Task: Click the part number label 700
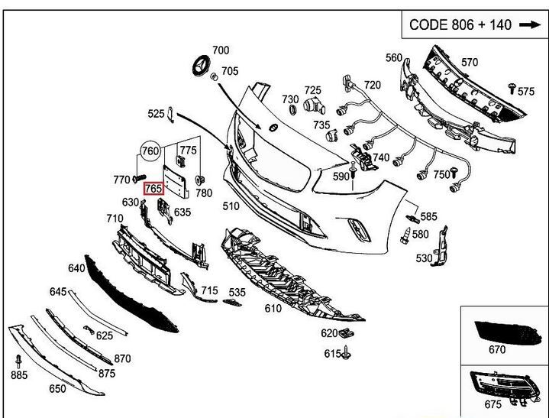point(220,50)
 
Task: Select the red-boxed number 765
point(153,187)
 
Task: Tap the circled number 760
point(151,151)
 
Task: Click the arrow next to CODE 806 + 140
point(529,24)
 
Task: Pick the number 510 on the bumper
point(231,206)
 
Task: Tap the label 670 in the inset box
point(497,350)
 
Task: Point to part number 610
point(273,308)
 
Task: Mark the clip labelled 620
point(347,333)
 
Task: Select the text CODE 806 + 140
point(460,24)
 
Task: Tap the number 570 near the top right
point(470,63)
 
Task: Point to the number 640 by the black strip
point(76,268)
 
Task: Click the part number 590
point(341,176)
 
